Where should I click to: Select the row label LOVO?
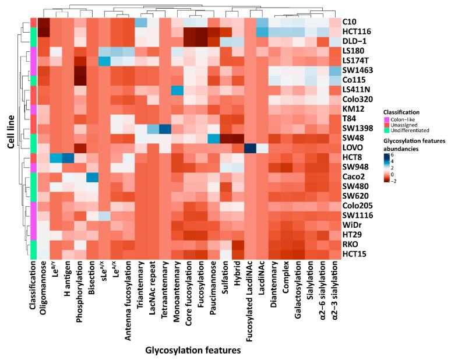[x=353, y=149]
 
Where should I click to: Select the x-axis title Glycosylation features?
[x=185, y=351]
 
